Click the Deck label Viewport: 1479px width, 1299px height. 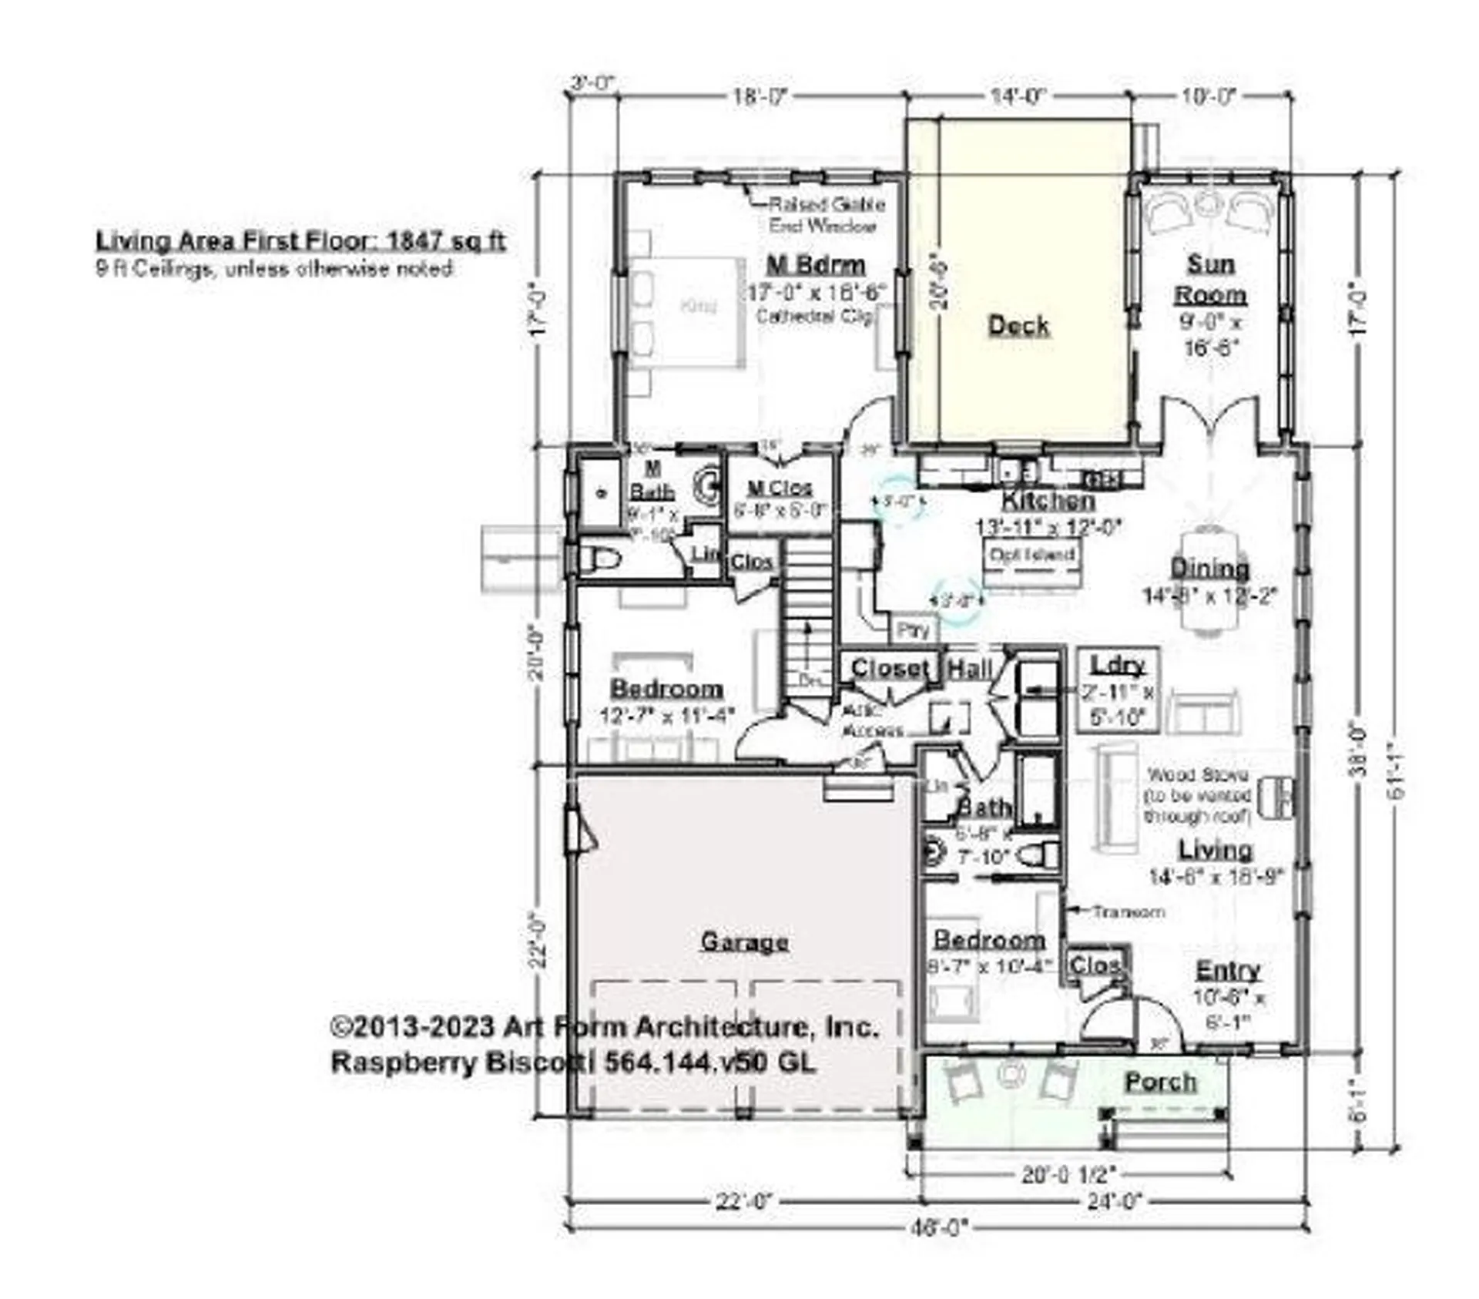point(1018,325)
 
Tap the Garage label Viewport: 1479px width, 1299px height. point(744,942)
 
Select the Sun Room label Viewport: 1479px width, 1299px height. point(1210,279)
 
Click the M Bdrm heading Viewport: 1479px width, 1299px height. point(816,265)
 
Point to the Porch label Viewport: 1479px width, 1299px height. point(1161,1082)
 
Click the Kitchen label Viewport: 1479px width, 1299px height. point(1048,501)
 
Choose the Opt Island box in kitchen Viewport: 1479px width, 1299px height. point(1032,556)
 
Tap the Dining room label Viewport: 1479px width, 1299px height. point(1209,569)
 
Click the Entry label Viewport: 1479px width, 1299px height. point(1228,970)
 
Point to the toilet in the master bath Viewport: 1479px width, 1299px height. point(601,559)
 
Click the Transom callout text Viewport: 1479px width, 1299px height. point(1128,911)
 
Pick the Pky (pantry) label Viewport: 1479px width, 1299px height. point(914,630)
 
